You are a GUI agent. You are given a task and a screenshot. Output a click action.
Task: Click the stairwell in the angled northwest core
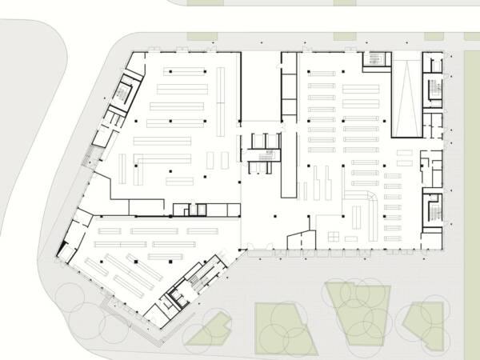[x=122, y=90]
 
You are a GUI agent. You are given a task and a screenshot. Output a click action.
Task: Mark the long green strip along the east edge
[x=472, y=200]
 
